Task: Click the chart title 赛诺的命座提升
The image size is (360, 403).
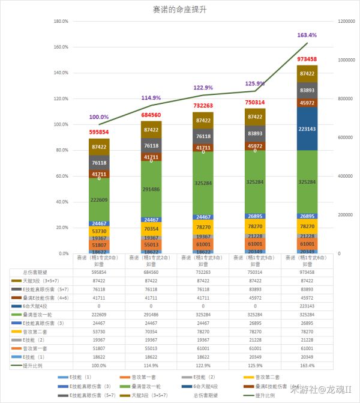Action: (180, 10)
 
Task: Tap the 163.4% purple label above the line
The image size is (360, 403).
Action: (307, 35)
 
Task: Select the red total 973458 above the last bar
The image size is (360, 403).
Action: (307, 59)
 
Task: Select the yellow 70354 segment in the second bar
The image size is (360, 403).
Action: (151, 228)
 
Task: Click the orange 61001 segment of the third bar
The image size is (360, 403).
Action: (203, 244)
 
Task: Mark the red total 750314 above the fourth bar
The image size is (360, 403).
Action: (255, 103)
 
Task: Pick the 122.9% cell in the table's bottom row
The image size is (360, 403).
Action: (203, 365)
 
